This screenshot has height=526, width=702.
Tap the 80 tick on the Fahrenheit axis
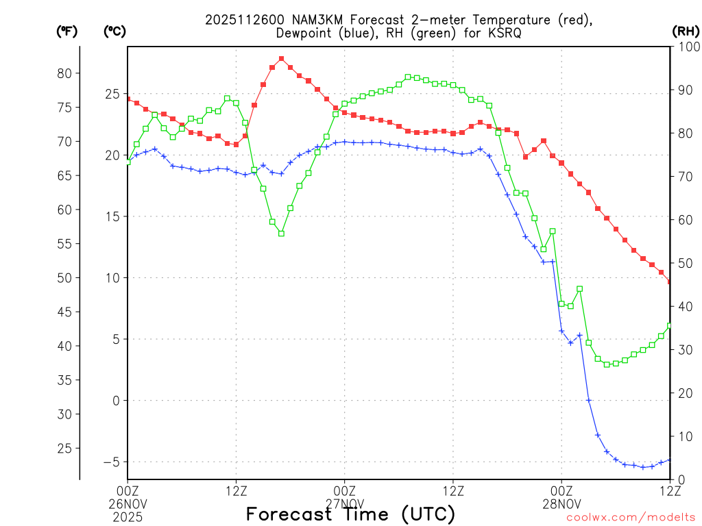pyautogui.click(x=64, y=73)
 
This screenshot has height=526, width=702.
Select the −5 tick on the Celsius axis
pyautogui.click(x=110, y=462)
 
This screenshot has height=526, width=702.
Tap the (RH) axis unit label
pyautogui.click(x=685, y=31)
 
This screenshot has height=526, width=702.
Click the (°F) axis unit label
pyautogui.click(x=66, y=31)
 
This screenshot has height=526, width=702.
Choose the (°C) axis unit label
pyautogui.click(x=114, y=31)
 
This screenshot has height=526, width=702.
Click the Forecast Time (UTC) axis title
pyautogui.click(x=350, y=514)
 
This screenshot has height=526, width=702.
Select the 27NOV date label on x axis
pyautogui.click(x=345, y=503)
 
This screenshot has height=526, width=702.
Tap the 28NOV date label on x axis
pyautogui.click(x=561, y=503)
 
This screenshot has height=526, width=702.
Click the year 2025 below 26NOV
pyautogui.click(x=128, y=515)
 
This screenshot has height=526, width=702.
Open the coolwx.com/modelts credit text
pyautogui.click(x=631, y=517)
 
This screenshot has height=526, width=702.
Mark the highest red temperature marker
pyautogui.click(x=282, y=59)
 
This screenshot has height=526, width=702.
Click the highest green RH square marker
pyautogui.click(x=408, y=77)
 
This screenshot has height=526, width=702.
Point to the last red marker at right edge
pyautogui.click(x=670, y=281)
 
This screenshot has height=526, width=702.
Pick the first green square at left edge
pyautogui.click(x=128, y=162)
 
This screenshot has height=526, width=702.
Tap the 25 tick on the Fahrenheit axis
pyautogui.click(x=64, y=448)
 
